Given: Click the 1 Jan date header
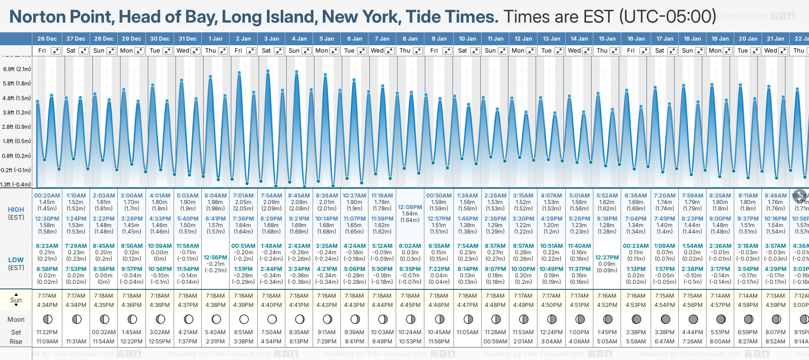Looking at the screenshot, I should point(215,39).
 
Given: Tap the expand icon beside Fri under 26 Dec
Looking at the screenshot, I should point(55,51).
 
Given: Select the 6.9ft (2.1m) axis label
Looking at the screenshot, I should point(17,69).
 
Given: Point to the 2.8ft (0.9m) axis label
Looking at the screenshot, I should point(17,126).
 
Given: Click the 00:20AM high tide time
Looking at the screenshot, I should point(47,196).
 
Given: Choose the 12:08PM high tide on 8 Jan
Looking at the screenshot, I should point(410,207).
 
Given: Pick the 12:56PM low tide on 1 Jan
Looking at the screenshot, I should point(216,258).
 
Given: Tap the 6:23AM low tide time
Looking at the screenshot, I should point(47,246).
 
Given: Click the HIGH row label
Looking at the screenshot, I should point(16,210).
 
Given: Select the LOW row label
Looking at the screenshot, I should point(16,260).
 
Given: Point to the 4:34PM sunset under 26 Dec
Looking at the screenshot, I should point(47,305).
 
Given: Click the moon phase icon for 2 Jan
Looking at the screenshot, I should point(244,319).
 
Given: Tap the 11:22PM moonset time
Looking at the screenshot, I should point(47,332).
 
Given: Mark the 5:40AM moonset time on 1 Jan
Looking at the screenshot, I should point(216,332).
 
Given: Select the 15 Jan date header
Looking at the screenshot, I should point(608,39).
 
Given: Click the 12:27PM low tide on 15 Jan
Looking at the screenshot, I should point(607,258).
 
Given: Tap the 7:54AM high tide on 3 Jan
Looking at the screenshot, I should point(272,196).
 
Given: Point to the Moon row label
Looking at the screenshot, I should point(16,319).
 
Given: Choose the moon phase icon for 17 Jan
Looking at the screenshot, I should point(665,319).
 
